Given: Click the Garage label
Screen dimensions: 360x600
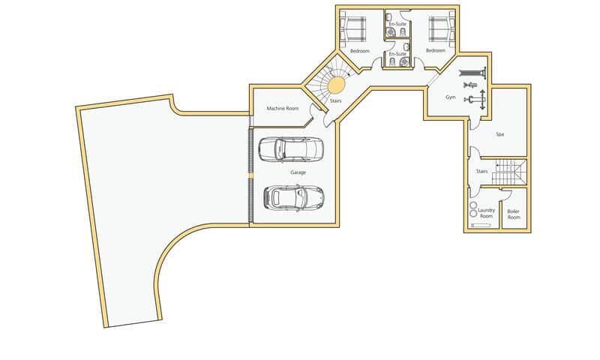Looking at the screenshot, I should click(298, 172).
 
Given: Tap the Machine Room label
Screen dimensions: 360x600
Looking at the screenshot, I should click(283, 109).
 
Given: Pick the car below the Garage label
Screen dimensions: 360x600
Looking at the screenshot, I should click(293, 197).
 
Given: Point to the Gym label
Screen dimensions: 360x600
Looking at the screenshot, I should click(451, 97).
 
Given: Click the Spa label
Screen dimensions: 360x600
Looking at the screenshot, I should click(499, 134).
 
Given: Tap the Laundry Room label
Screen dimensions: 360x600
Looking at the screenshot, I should click(486, 213).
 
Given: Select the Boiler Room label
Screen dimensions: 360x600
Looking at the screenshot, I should click(513, 214).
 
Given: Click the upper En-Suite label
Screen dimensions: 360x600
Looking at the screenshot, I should click(397, 24).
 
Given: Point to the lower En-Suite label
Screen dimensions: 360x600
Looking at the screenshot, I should click(397, 54).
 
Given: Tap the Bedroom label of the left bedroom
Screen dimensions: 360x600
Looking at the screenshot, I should click(360, 50).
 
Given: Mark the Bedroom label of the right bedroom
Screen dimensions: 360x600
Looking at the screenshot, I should click(436, 50).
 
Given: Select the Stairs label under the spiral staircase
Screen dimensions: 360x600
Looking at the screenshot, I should click(335, 100).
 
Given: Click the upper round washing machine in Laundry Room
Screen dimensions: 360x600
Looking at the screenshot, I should click(473, 204).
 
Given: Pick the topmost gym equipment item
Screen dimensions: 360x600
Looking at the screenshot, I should click(472, 72).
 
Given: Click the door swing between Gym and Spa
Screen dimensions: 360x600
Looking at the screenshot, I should click(474, 123).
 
